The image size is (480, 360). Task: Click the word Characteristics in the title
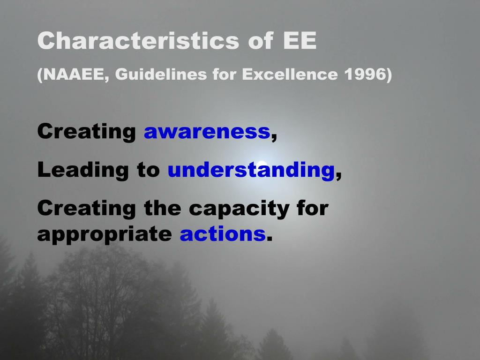point(138,40)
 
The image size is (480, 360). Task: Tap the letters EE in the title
point(300,40)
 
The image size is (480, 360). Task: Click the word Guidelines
point(161,74)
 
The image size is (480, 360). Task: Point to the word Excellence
point(290,74)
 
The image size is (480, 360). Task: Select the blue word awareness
point(207,132)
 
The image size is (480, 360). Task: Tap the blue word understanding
point(251,170)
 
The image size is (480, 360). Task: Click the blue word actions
point(223,234)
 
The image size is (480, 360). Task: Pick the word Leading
point(83,170)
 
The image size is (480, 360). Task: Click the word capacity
point(239,209)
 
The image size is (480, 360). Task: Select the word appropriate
point(105,235)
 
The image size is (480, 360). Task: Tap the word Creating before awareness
point(87,132)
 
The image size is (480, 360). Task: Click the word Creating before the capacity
point(87,209)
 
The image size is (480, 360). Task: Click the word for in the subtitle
point(224,74)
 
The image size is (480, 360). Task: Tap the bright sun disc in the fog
point(261,165)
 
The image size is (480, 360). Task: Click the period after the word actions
point(270,239)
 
